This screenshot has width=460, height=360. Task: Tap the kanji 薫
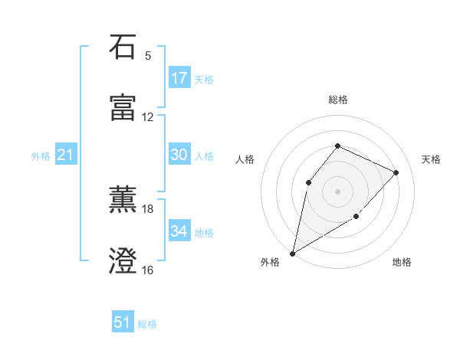pyautogui.click(x=123, y=200)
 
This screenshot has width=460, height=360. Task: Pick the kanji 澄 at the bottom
pyautogui.click(x=123, y=260)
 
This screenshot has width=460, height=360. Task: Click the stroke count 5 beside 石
pyautogui.click(x=148, y=56)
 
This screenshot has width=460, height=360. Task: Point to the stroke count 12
pyautogui.click(x=148, y=117)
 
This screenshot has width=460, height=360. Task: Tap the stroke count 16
pyautogui.click(x=148, y=270)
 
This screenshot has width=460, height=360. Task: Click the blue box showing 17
pyautogui.click(x=179, y=78)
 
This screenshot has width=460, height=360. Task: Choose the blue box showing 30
pyautogui.click(x=179, y=155)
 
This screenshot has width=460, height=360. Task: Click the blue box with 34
pyautogui.click(x=179, y=231)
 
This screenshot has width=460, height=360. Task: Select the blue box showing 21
pyautogui.click(x=65, y=155)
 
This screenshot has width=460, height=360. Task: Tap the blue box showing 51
pyautogui.click(x=123, y=322)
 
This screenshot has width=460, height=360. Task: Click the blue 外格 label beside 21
pyautogui.click(x=41, y=156)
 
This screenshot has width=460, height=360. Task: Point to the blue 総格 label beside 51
pyautogui.click(x=147, y=324)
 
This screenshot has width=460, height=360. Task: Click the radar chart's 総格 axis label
pyautogui.click(x=338, y=100)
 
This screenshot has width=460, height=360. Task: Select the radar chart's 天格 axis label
pyautogui.click(x=431, y=159)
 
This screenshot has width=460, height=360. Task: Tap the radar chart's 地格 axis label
pyautogui.click(x=402, y=263)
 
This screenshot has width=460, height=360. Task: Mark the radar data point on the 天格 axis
pyautogui.click(x=396, y=172)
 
